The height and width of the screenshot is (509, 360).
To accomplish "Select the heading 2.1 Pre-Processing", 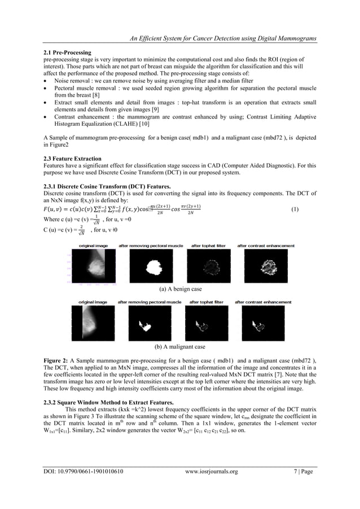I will coord(67,52).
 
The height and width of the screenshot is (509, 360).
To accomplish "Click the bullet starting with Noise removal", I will coord(147,81).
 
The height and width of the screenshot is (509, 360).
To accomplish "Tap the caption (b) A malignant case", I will coord(180,346).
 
